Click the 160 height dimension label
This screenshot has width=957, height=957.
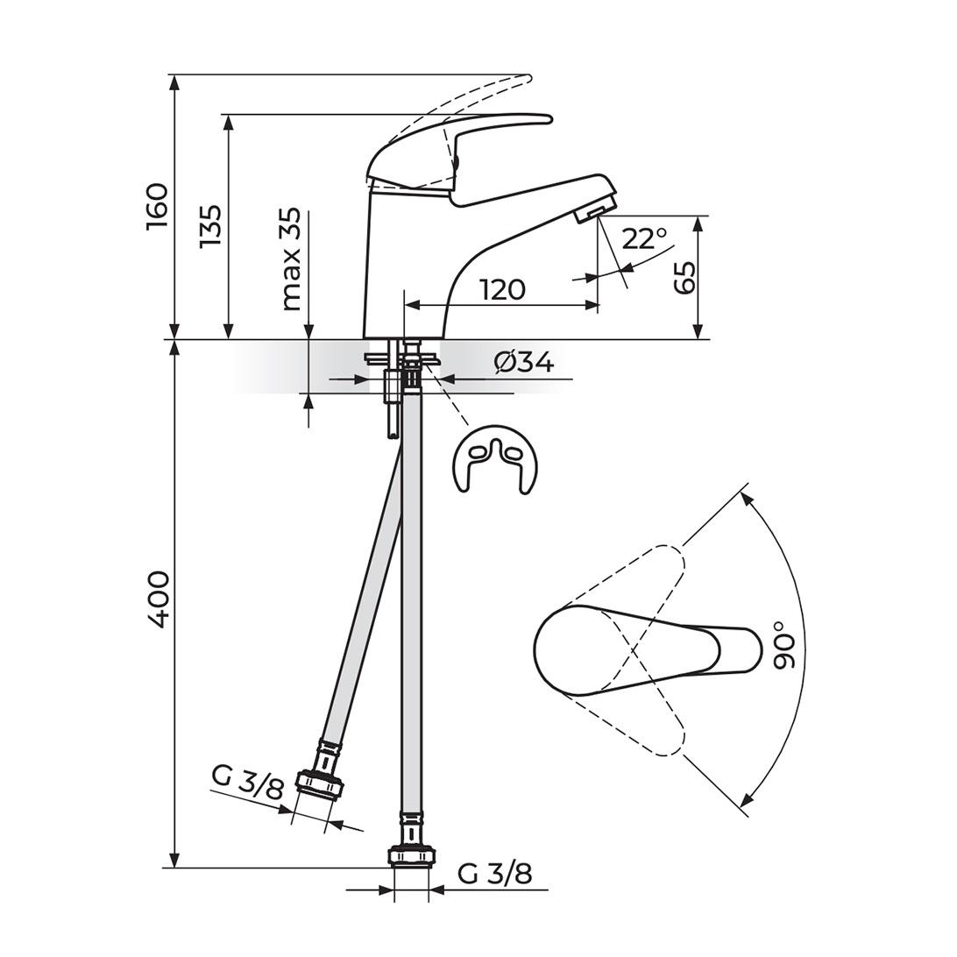pyautogui.click(x=157, y=206)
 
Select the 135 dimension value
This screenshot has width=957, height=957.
pyautogui.click(x=211, y=226)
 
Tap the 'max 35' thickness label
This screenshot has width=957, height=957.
pyautogui.click(x=292, y=259)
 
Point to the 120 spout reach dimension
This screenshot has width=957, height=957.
pyautogui.click(x=503, y=290)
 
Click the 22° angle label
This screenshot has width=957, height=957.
pyautogui.click(x=644, y=238)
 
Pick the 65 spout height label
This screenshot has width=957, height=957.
pyautogui.click(x=685, y=278)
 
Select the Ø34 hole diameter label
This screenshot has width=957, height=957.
pyautogui.click(x=524, y=363)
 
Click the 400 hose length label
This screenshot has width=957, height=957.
pyautogui.click(x=157, y=600)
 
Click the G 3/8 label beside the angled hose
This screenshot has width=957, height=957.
pyautogui.click(x=248, y=783)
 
